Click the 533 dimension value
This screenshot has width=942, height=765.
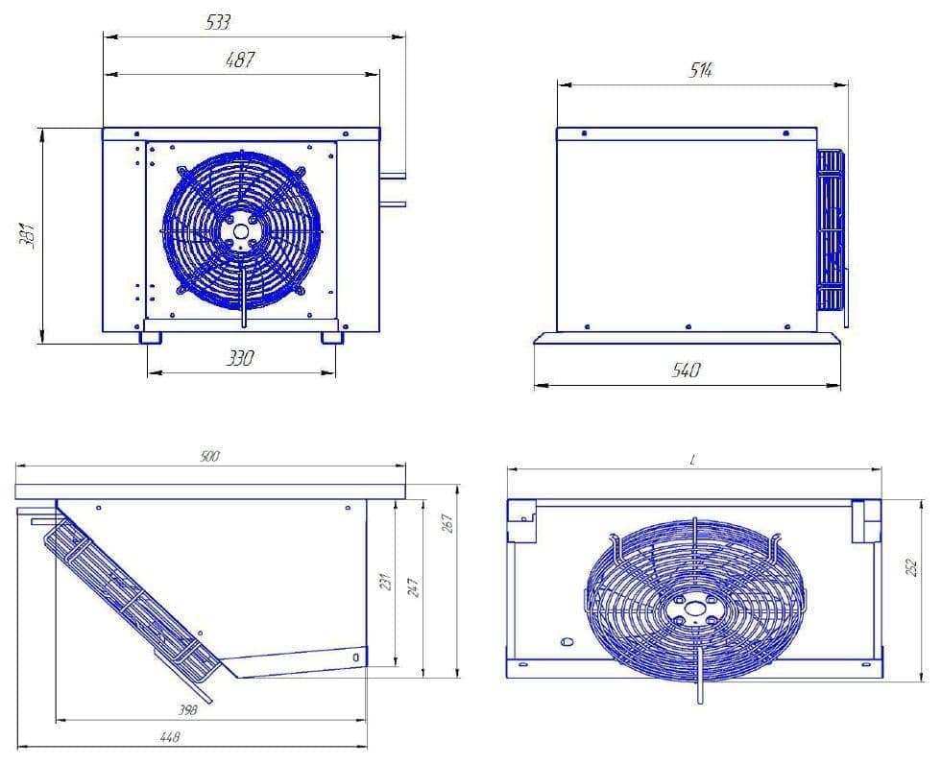pyautogui.click(x=219, y=22)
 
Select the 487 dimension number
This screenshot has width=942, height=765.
pyautogui.click(x=239, y=60)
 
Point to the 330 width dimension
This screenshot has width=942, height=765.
pyautogui.click(x=239, y=359)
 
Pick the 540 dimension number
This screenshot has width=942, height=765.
pyautogui.click(x=687, y=371)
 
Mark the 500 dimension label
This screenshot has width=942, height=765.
pyautogui.click(x=209, y=457)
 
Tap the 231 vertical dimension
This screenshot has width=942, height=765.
pyautogui.click(x=386, y=582)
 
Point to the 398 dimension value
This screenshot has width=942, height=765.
pyautogui.click(x=188, y=710)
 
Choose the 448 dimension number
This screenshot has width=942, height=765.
pyautogui.click(x=169, y=737)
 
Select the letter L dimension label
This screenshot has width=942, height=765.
pyautogui.click(x=691, y=461)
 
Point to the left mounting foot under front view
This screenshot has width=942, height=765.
pyautogui.click(x=151, y=338)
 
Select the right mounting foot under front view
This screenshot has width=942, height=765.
pyautogui.click(x=332, y=338)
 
